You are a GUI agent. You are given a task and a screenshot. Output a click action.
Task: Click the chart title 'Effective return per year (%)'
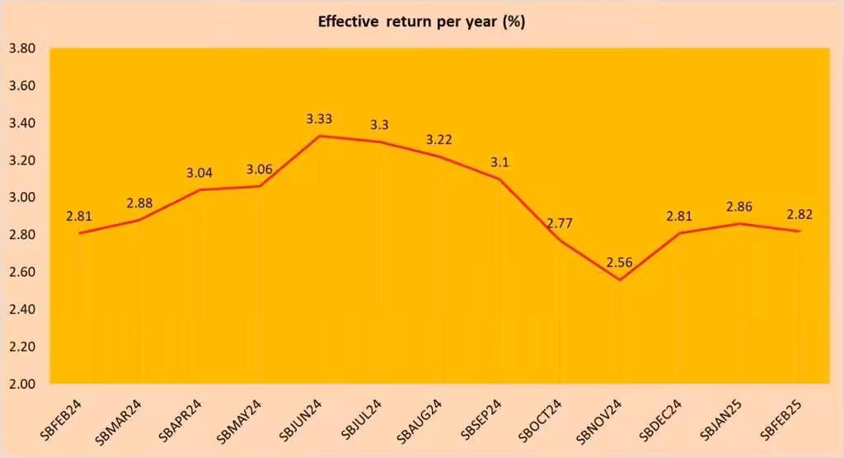(x=421, y=21)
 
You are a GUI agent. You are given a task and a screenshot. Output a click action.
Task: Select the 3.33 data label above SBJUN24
(x=319, y=119)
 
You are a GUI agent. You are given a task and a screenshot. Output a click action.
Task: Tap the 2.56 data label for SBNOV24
(x=621, y=263)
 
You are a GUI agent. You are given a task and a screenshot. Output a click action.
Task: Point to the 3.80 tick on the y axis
(x=21, y=49)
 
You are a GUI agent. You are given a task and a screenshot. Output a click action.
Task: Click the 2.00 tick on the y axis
(x=21, y=384)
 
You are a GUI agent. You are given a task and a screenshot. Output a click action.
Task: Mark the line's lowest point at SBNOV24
(x=620, y=280)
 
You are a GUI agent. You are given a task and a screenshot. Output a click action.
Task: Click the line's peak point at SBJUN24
(x=319, y=136)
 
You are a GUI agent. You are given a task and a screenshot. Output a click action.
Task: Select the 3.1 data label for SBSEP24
(x=499, y=162)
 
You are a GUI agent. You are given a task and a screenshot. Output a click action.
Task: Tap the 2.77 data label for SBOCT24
(x=560, y=223)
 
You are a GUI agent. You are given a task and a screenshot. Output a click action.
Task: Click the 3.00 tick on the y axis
(x=21, y=198)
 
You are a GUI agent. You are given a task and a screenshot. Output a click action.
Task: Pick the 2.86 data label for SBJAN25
(x=740, y=207)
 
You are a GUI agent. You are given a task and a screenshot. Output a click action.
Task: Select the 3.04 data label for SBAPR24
(x=199, y=173)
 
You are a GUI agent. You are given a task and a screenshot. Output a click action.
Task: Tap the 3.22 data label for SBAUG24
(x=439, y=140)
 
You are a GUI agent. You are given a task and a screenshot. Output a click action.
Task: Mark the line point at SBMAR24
(x=138, y=220)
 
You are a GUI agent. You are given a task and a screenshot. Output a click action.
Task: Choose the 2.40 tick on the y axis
(x=21, y=310)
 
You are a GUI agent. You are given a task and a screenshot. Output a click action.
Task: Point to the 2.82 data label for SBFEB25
(x=799, y=214)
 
